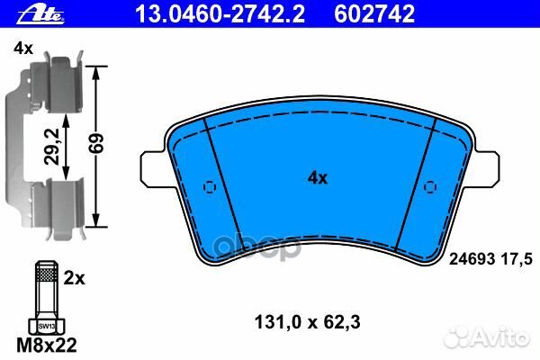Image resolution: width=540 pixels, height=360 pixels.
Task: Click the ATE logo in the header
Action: tap(40, 14)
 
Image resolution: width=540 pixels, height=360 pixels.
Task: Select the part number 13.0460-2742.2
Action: tap(220, 14)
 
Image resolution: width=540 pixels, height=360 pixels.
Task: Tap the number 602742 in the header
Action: tap(374, 14)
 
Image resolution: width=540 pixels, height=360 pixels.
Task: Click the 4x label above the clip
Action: tap(23, 49)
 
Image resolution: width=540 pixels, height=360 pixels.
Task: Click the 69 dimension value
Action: tap(95, 143)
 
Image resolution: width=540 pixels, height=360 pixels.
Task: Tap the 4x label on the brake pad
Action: tap(318, 178)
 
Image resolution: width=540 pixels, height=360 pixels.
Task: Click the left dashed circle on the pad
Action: tap(210, 187)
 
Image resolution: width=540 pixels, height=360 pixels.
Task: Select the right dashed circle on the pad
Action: tap(430, 186)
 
